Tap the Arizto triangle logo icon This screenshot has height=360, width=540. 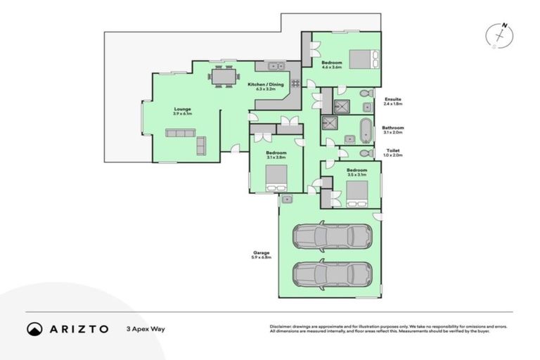34,328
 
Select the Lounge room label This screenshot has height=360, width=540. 183,109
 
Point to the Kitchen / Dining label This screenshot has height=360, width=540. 266,85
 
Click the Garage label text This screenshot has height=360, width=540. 262,252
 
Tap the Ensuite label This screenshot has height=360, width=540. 393,100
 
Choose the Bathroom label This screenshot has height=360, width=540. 393,127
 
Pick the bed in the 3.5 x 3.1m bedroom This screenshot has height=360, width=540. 357,193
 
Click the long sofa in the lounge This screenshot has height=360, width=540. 181,133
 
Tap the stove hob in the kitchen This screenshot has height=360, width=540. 296,83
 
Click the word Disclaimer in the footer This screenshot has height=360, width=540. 281,327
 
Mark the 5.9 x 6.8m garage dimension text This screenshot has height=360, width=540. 262,258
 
